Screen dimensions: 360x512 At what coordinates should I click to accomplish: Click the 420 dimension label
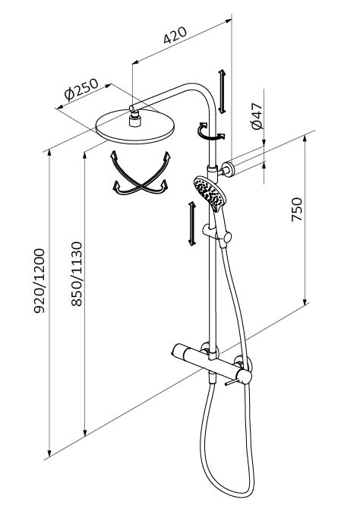tap(175, 35)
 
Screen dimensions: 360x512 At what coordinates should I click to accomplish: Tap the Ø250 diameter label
tap(81, 89)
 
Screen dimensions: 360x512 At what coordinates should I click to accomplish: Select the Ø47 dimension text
tap(257, 116)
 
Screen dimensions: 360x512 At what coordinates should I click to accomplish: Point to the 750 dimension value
tap(297, 210)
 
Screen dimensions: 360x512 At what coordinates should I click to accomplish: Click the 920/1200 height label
tap(39, 281)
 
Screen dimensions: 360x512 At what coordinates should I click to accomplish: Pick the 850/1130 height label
tap(77, 273)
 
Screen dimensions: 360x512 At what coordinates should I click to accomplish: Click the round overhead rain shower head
tap(134, 125)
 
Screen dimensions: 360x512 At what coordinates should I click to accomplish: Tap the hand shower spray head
tap(209, 193)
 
